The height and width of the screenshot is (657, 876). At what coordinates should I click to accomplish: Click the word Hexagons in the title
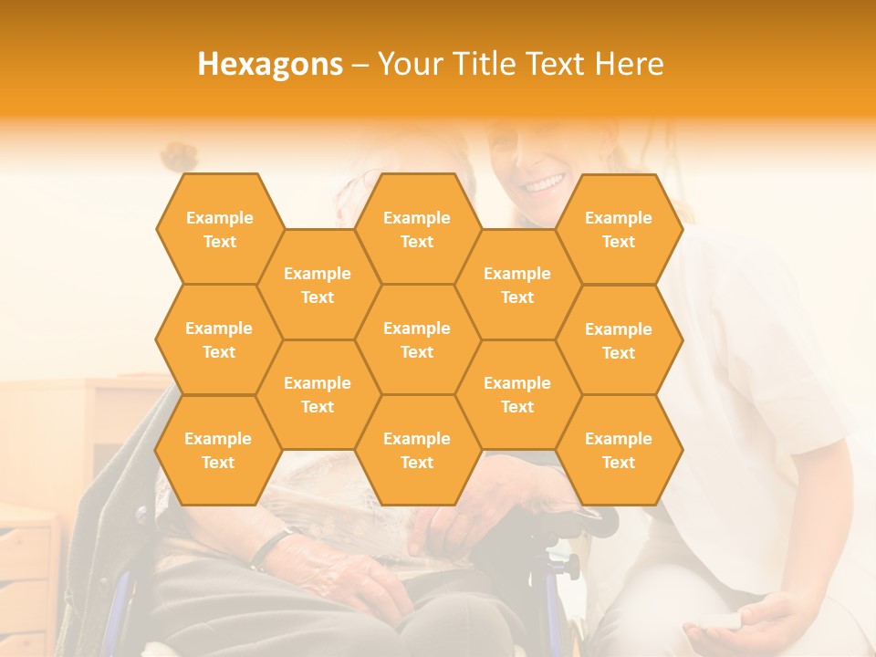(x=270, y=64)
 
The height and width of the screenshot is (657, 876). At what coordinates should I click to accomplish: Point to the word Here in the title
(x=629, y=64)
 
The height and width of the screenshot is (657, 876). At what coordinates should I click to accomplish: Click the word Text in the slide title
(x=558, y=64)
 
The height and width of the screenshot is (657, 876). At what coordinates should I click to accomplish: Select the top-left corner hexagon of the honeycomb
(x=219, y=229)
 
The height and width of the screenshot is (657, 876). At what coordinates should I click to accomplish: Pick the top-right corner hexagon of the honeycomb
(x=619, y=229)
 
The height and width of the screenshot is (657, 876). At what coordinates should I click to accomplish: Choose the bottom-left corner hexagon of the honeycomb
(x=218, y=450)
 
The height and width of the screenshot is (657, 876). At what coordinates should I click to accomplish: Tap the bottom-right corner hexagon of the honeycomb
(x=619, y=450)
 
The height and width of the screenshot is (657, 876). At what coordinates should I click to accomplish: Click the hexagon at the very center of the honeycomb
(x=417, y=339)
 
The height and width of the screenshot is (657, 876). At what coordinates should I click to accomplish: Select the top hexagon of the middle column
(x=417, y=229)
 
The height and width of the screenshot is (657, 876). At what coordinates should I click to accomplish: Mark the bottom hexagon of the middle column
(x=417, y=450)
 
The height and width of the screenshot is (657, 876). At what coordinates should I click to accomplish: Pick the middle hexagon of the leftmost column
(x=219, y=339)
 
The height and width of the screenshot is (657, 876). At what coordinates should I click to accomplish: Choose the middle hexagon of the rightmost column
(x=619, y=340)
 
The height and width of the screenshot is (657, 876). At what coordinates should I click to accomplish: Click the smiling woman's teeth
(x=544, y=183)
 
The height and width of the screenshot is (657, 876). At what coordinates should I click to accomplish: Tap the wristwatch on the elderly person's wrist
(x=269, y=548)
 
